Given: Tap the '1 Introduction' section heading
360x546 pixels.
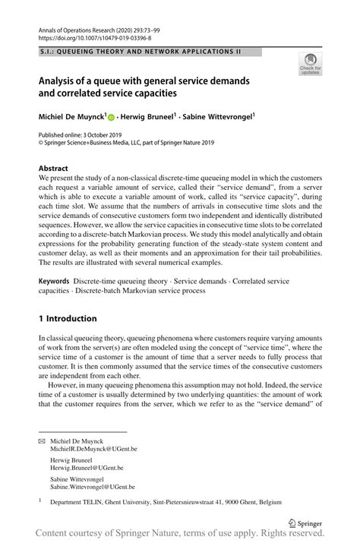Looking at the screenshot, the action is (68, 318).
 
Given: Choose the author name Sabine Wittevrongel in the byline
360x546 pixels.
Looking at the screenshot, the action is (218, 117).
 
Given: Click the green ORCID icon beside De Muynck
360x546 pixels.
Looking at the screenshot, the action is (111, 118).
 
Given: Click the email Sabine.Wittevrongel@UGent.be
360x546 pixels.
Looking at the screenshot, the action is (93, 487).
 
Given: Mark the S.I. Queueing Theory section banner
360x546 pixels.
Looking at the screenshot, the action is (150, 52).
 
